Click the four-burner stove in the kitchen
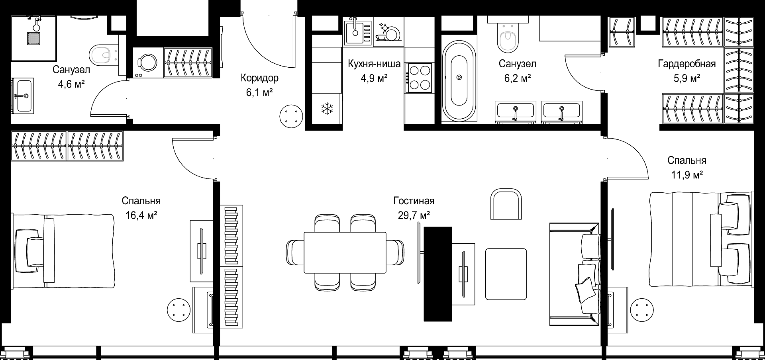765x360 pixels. pyautogui.click(x=420, y=78)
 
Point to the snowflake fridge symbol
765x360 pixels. pyautogui.click(x=327, y=108)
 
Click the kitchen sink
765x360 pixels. pyautogui.click(x=358, y=31)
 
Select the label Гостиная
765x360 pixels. pyautogui.click(x=414, y=201)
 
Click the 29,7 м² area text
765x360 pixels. pyautogui.click(x=414, y=215)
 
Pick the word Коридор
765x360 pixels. pyautogui.click(x=259, y=78)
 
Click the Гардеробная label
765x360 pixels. pyautogui.click(x=687, y=64)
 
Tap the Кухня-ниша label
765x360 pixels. pyautogui.click(x=374, y=64)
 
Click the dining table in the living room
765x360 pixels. pyautogui.click(x=345, y=252)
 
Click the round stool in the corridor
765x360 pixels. pyautogui.click(x=292, y=116)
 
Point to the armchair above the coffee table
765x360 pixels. pyautogui.click(x=506, y=204)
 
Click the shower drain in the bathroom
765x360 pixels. pyautogui.click(x=33, y=38)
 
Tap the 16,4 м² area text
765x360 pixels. pyautogui.click(x=141, y=215)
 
